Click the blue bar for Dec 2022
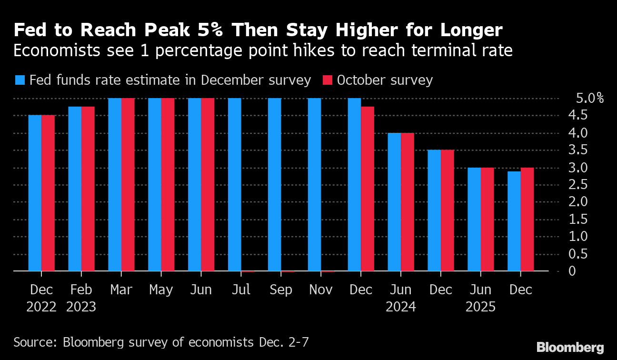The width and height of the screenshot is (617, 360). point(35,193)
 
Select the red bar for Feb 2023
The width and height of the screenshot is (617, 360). point(88,189)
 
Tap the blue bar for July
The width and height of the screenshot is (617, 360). point(234,185)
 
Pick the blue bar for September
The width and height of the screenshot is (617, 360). point(274,185)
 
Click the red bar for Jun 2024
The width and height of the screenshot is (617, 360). point(408,202)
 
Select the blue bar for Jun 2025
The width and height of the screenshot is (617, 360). point(474,219)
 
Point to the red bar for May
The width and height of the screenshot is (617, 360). point(168,185)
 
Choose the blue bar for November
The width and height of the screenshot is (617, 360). point(314,185)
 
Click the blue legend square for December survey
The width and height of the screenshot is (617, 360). point(20,80)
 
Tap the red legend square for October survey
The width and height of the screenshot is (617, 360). point(328,80)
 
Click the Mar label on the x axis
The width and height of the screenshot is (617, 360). point(121,290)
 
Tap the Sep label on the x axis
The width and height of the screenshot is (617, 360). point(281,290)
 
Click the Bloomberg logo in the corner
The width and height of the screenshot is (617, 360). point(570,347)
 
